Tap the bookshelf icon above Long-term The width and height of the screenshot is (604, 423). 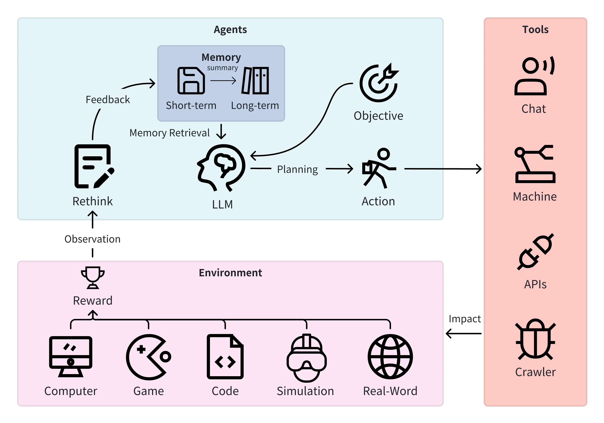coord(255,80)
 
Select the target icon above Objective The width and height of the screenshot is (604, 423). coord(379,83)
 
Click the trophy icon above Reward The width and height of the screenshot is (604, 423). coord(93,277)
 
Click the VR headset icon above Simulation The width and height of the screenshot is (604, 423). coord(306,358)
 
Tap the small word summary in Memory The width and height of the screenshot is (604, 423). coord(222,68)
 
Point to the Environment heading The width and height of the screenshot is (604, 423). coord(230,273)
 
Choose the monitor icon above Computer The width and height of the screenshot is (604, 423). coord(71,356)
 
